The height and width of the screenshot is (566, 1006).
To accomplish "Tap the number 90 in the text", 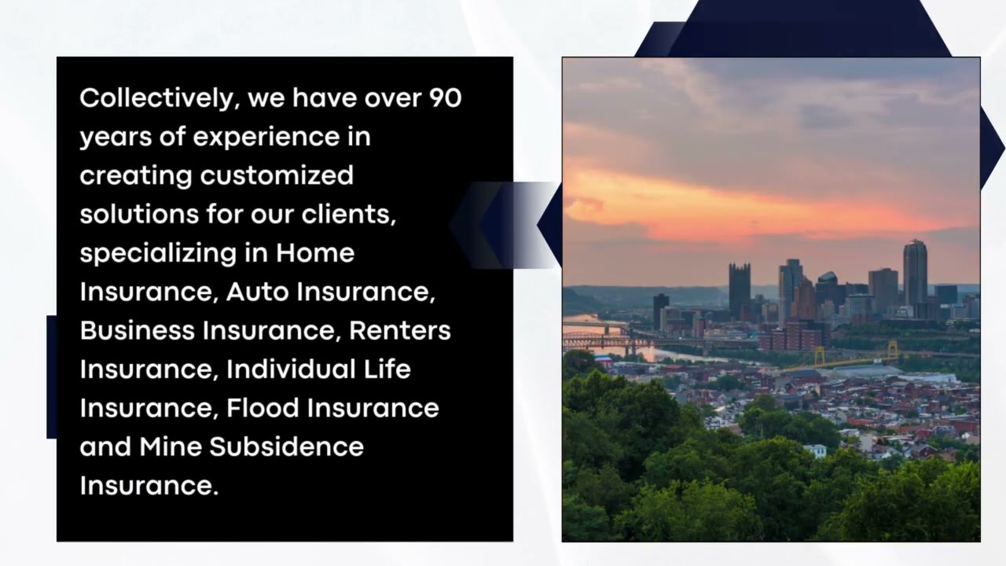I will (x=445, y=98).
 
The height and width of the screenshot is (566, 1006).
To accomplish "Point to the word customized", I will (x=277, y=175).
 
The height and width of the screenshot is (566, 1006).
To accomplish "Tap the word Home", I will (x=315, y=253).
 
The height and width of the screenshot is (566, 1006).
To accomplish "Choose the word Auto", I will (x=255, y=292).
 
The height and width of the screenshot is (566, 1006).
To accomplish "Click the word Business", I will (x=138, y=330).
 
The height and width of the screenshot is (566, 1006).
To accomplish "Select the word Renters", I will (x=400, y=330).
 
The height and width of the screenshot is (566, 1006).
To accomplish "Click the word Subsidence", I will (x=286, y=447).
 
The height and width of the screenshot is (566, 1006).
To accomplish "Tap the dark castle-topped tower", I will (x=739, y=291).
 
